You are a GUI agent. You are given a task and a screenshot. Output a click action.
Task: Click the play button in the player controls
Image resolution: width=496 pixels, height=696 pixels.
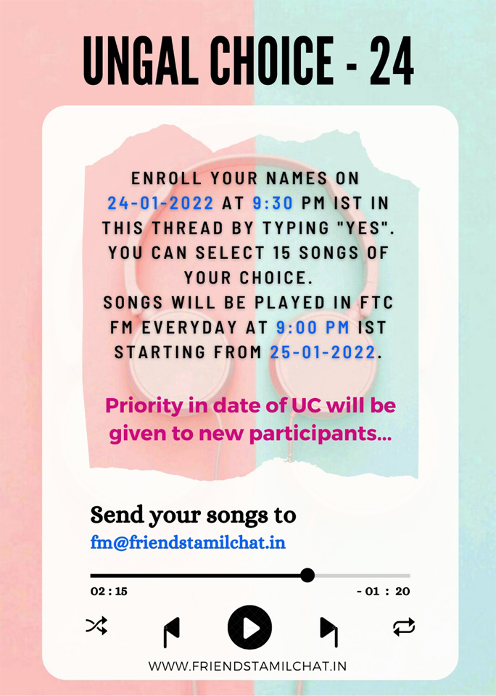pos(249,628)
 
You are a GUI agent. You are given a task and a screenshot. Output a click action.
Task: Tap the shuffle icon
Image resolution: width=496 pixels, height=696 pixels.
pos(96,626)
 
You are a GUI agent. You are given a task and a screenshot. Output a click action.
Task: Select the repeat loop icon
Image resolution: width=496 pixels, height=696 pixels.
pos(404,626)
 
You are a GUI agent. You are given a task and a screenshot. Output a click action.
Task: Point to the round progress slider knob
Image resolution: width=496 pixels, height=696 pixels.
pos(307,575)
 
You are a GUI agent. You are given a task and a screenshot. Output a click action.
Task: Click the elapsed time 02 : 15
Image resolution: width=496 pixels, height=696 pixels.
pos(109,592)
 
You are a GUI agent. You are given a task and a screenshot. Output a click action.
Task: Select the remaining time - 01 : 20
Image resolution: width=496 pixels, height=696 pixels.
pos(383,592)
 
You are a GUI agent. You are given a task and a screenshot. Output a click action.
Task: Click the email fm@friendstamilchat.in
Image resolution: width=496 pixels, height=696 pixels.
pos(188,542)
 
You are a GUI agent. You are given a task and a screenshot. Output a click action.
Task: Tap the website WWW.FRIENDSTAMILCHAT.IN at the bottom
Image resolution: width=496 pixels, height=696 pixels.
pos(247,666)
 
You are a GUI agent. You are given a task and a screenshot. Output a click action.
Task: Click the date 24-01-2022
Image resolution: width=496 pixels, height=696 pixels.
pos(161,203)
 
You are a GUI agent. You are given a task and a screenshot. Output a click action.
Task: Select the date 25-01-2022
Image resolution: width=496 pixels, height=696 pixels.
pos(323,352)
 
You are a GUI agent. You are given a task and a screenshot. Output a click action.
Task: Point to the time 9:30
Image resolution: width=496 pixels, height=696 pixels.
pos(273,203)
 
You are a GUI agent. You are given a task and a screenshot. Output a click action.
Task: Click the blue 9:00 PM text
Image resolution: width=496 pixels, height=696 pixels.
pos(313,327)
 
